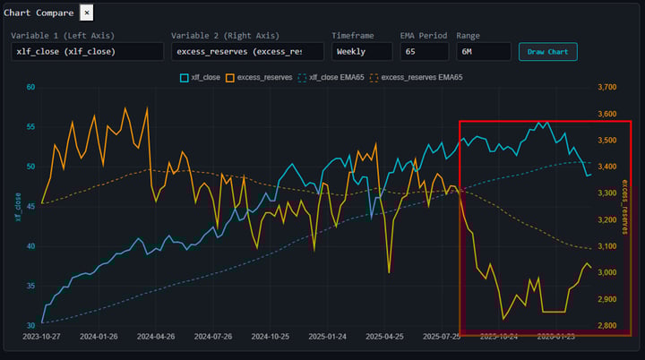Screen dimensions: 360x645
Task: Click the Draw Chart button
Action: click(547, 51)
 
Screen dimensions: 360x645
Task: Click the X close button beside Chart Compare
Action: click(86, 13)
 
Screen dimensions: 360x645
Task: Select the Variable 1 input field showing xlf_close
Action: click(88, 51)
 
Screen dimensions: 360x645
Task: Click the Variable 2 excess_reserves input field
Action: click(247, 51)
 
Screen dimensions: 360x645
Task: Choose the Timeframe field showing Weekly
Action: click(361, 51)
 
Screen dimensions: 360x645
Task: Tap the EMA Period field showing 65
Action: click(424, 51)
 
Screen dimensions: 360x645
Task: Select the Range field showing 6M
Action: click(483, 51)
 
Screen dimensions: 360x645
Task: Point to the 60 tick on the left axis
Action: click(30, 87)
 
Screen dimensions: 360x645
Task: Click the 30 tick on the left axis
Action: click(30, 324)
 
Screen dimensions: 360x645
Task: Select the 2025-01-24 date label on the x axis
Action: click(327, 337)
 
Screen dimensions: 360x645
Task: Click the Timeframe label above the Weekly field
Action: click(352, 35)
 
